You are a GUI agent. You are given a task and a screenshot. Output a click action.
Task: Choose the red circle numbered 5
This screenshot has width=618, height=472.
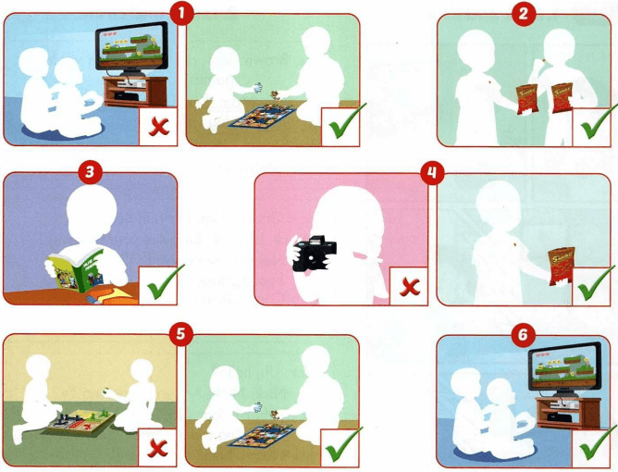[181, 335]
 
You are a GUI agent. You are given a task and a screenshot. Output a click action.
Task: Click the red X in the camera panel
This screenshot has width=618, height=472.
[409, 287]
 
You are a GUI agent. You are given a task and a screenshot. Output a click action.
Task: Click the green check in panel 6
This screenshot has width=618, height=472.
[592, 444]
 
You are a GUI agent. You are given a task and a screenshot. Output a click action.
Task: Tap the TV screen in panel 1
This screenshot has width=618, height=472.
[131, 48]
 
